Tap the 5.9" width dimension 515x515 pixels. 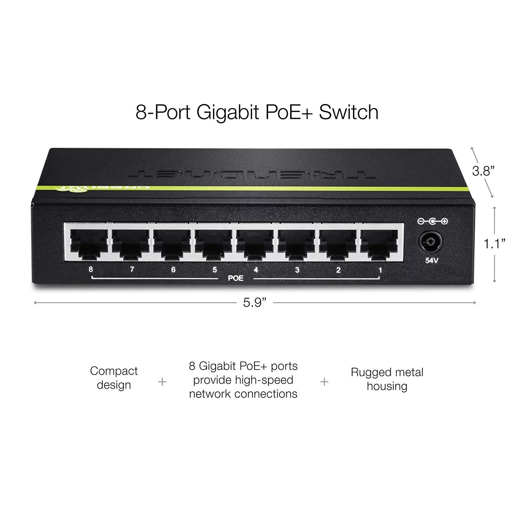[x=255, y=303]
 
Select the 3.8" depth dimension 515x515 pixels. [x=483, y=171]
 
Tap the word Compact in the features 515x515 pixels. [x=114, y=371]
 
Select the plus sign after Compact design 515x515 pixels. [x=162, y=381]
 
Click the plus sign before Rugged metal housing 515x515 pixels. [x=324, y=381]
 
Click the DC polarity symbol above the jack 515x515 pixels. [x=433, y=221]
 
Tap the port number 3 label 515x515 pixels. [x=297, y=270]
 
